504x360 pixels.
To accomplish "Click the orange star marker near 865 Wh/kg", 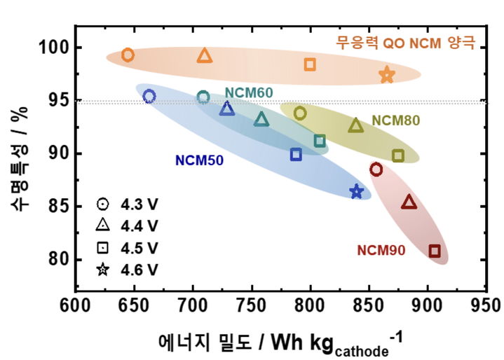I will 387,75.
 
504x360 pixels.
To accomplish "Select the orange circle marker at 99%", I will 128,55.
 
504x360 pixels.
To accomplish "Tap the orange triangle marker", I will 205,56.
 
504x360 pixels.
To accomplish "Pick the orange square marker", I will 310,64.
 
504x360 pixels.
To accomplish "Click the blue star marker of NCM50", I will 357,191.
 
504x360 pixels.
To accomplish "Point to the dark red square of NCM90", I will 435,251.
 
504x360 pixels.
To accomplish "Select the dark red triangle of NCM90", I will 409,202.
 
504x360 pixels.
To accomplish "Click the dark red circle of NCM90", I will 376,169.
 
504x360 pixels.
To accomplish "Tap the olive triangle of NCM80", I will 356,125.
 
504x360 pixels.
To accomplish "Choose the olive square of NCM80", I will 398,155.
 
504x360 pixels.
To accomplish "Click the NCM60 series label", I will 249,93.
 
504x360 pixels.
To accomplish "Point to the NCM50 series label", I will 199,160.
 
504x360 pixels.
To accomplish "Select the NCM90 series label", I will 381,250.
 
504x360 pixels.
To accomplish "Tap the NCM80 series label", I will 396,120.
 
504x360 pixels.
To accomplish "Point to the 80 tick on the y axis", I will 57,259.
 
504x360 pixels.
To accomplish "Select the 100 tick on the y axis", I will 53,48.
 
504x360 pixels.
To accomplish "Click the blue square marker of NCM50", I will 296,154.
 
